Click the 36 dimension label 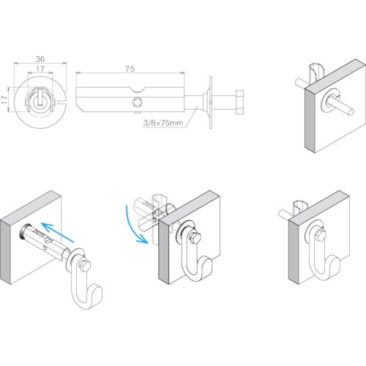(x=40, y=59)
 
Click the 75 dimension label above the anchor (x=130, y=69)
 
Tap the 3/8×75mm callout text (x=163, y=123)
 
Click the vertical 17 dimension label (x=4, y=100)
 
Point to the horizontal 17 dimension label (x=40, y=69)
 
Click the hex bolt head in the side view (x=239, y=102)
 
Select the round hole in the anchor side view (x=137, y=102)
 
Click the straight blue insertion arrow (x=58, y=233)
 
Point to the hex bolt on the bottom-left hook (x=86, y=266)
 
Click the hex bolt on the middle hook (x=195, y=237)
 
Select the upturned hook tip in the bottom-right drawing (x=336, y=265)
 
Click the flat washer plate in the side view (x=210, y=102)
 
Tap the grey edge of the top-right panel (x=310, y=120)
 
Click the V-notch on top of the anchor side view (x=137, y=89)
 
